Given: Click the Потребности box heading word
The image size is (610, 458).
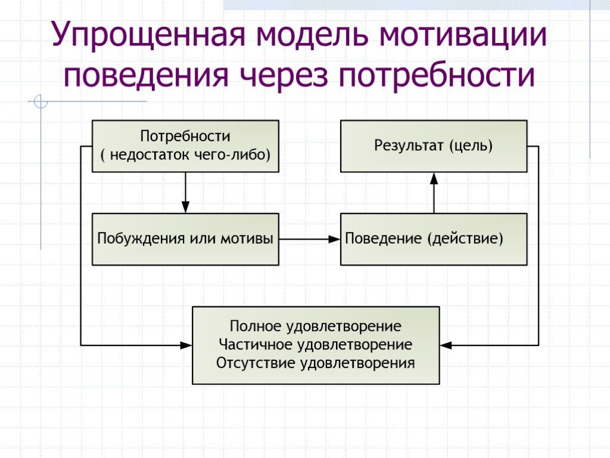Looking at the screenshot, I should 185,136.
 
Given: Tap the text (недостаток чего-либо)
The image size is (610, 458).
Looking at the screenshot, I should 185,155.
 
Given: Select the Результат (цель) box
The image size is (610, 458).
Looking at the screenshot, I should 433,146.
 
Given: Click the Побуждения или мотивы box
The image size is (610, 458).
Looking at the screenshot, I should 185,239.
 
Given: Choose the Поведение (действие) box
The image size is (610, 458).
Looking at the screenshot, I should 433,239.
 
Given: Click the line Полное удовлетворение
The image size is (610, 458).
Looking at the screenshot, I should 316,327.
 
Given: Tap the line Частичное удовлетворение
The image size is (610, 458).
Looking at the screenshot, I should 316,345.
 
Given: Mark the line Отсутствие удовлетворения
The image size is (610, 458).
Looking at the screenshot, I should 316,363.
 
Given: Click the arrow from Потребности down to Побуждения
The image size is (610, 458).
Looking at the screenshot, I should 185,193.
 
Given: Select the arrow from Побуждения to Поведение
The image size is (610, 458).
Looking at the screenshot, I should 309,239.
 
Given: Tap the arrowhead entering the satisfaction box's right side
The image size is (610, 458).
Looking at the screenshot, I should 445,345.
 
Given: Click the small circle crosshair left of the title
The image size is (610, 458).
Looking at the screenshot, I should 41,103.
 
